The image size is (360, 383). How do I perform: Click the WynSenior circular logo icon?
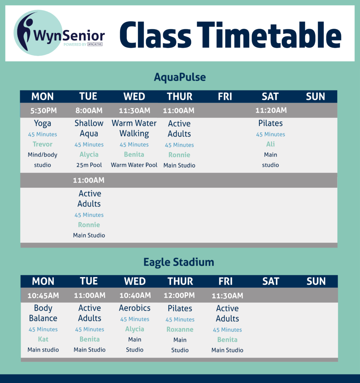point(38,33)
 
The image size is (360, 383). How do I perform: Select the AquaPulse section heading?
point(180,77)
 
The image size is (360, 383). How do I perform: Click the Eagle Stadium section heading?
point(179,262)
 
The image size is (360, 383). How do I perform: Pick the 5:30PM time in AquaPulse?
point(43,111)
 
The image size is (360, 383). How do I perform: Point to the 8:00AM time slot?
point(89,111)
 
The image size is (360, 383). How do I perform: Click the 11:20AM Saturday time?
point(271,110)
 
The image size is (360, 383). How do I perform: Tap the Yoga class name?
point(43,123)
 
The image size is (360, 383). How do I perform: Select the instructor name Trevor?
point(43,144)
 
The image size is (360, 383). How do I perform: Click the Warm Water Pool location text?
point(134,165)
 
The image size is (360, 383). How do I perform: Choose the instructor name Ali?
point(270,144)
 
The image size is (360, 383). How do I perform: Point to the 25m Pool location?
point(89,165)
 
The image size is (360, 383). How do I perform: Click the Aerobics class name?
point(135,308)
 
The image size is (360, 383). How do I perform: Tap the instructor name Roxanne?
point(180,329)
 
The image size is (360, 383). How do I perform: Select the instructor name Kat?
point(43,339)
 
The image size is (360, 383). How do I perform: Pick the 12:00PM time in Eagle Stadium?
point(179,295)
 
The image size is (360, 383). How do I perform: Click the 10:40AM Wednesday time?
point(135,295)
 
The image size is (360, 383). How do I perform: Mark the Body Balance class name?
point(43,313)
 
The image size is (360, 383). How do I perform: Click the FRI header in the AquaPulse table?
point(225,97)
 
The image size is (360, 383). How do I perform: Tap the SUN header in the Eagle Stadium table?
point(316,281)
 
